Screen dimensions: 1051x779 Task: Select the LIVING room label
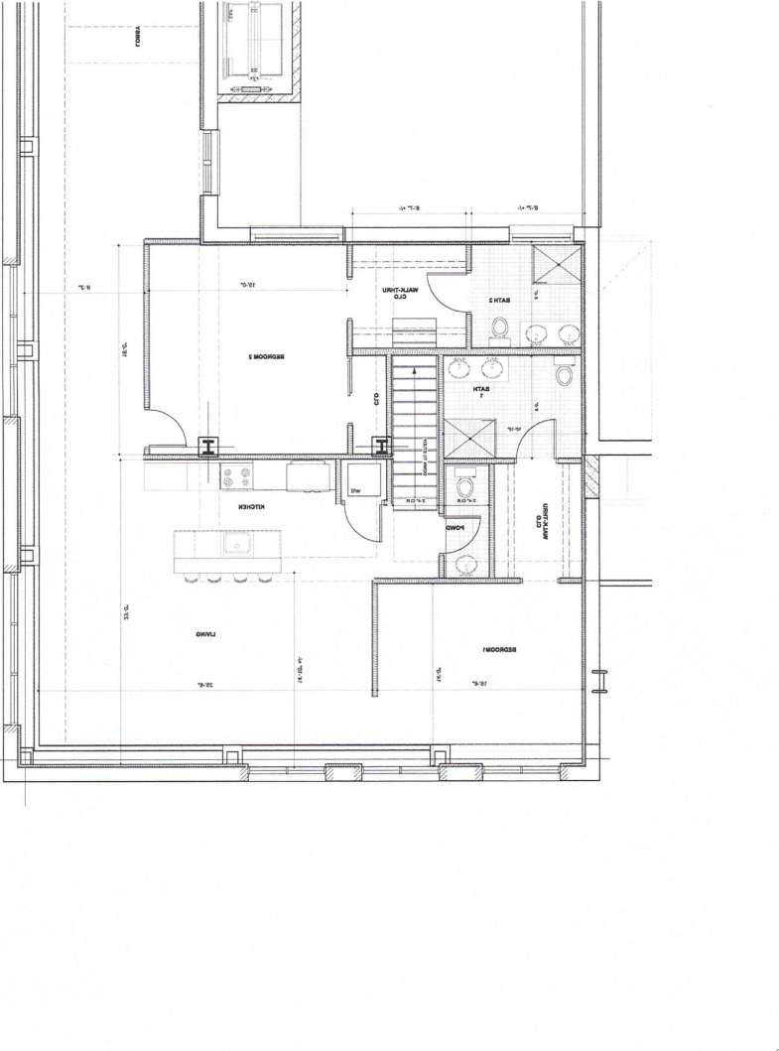206,633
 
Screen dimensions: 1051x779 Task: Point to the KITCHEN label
248,507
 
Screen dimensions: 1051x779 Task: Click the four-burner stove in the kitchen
234,477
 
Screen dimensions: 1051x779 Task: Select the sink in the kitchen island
236,544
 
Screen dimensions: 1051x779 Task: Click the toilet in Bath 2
500,328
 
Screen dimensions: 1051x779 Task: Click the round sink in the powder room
464,563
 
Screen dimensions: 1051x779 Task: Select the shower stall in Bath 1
469,438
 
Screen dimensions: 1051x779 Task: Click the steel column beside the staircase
381,447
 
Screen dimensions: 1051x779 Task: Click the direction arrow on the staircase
414,367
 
